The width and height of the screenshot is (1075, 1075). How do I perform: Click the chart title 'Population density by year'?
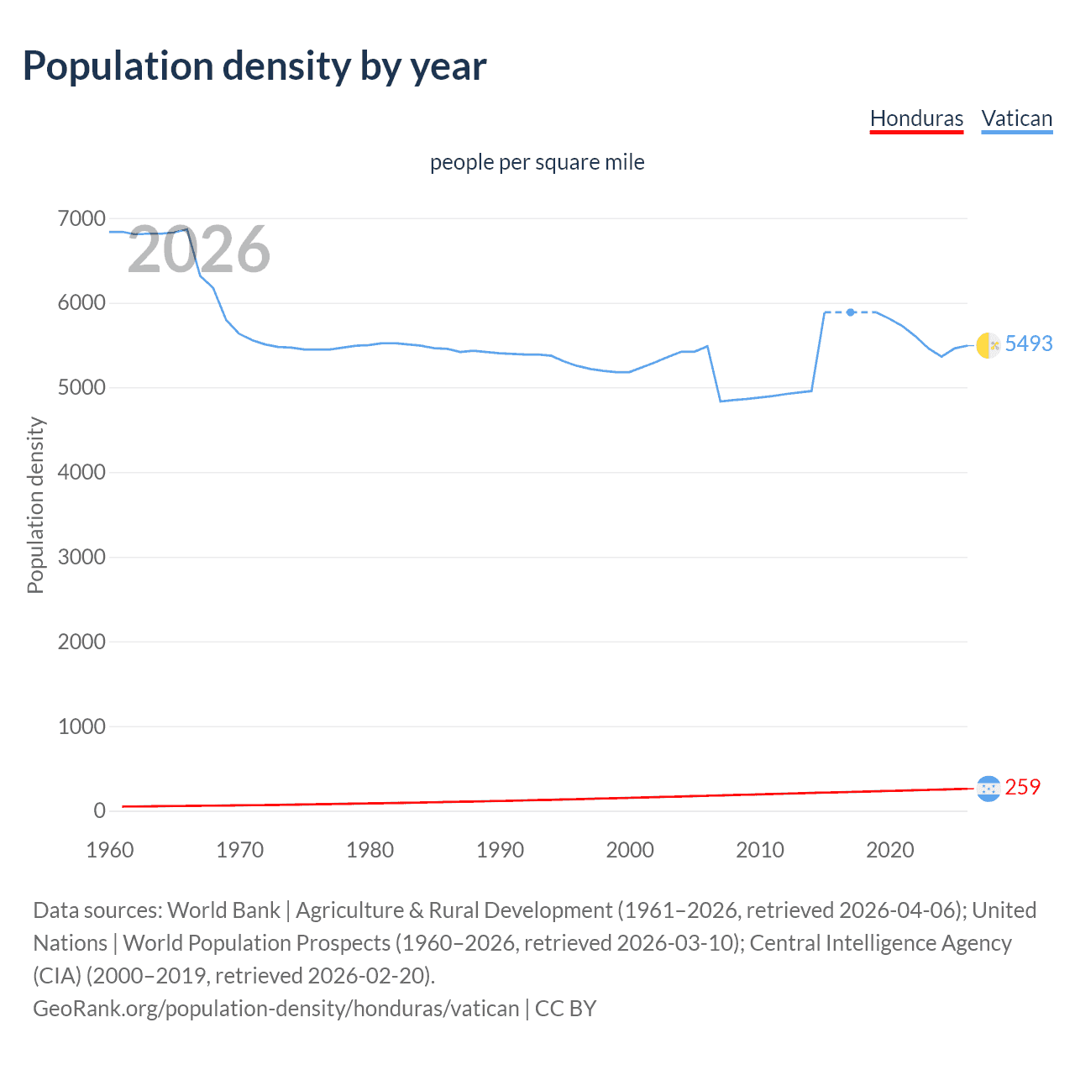tap(254, 66)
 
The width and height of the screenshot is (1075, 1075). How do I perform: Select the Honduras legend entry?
tap(916, 118)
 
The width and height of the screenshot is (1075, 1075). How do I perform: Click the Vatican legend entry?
tap(1016, 118)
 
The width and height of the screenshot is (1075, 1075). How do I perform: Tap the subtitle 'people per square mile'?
tap(537, 162)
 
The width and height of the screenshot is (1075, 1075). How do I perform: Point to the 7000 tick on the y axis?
tap(81, 219)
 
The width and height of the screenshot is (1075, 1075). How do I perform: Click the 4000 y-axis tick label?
tap(81, 473)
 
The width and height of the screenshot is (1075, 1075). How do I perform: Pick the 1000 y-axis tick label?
tap(81, 726)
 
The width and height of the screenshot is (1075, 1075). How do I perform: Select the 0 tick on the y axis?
tap(99, 811)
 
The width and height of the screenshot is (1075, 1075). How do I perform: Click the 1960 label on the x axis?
tap(110, 850)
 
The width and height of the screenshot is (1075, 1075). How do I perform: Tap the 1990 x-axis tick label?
tap(500, 850)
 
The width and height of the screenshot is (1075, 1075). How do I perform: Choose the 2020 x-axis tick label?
tap(889, 850)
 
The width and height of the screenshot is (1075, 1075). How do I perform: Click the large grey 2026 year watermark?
tap(199, 249)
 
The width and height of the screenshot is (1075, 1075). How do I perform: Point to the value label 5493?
tap(1028, 343)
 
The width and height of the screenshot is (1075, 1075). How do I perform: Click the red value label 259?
tap(1022, 787)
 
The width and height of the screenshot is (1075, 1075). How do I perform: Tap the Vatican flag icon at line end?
tap(988, 344)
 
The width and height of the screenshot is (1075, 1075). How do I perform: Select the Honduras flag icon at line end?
tap(988, 788)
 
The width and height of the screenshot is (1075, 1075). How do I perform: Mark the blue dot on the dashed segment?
tap(851, 312)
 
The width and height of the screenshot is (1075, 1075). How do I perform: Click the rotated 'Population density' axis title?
tap(35, 506)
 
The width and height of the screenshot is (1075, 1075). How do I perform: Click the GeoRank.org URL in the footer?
tap(275, 1008)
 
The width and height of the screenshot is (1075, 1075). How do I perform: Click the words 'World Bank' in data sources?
tap(223, 910)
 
